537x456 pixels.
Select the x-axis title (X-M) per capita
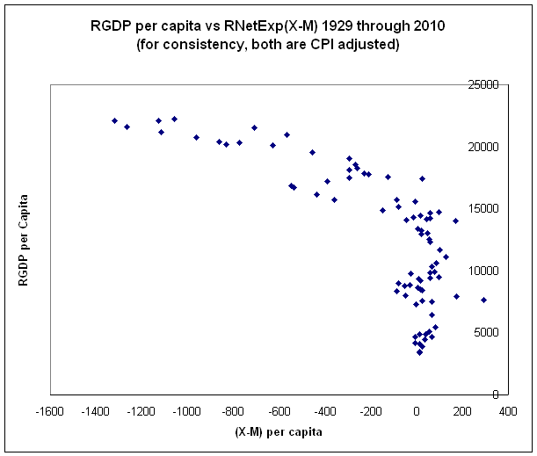(279, 432)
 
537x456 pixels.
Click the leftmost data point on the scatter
(115, 120)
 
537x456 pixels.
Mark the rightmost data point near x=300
(483, 300)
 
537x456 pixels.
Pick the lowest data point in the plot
(420, 352)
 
